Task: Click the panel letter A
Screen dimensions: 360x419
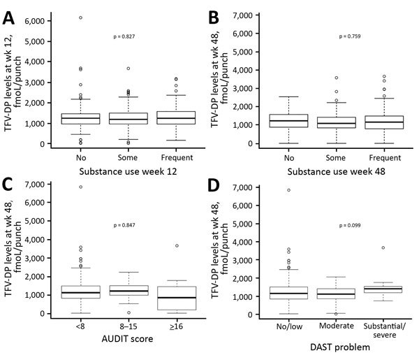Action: coord(13,14)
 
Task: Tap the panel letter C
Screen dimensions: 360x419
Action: coord(13,187)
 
